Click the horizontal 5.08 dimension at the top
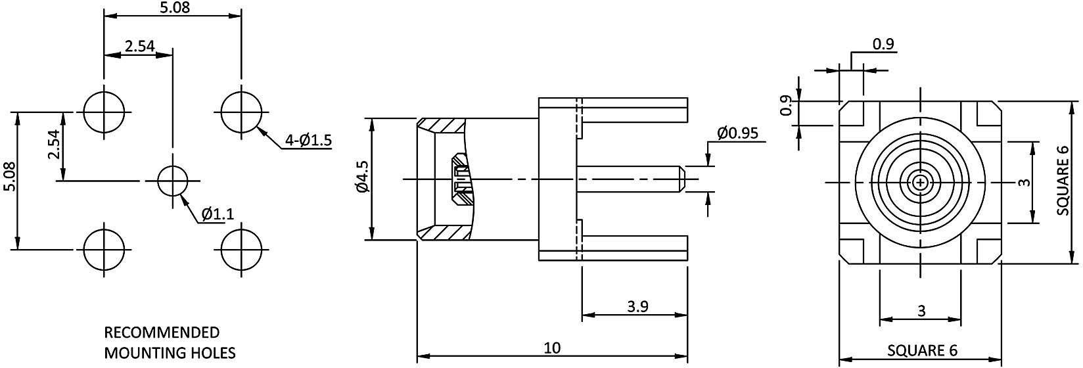[x=172, y=8]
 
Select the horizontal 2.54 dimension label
[x=139, y=46]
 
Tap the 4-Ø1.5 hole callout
[x=309, y=140]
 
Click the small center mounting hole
[x=173, y=179]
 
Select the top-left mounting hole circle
[x=104, y=110]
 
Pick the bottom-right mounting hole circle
[x=241, y=249]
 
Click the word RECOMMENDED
[x=162, y=332]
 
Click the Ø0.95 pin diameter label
[x=737, y=133]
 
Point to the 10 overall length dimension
[x=553, y=348]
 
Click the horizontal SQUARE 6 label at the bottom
[x=922, y=350]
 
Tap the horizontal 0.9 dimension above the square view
[x=883, y=44]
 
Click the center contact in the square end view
[x=921, y=182]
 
